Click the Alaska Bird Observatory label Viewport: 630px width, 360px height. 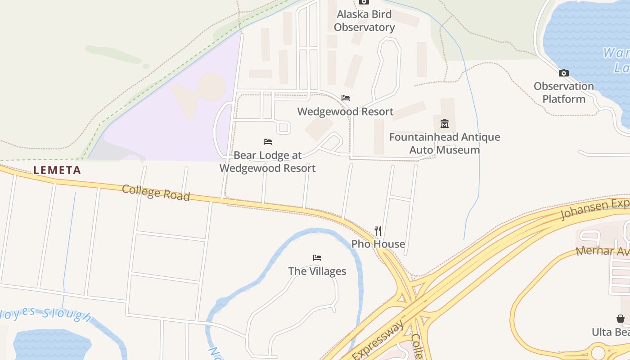pyautogui.click(x=364, y=21)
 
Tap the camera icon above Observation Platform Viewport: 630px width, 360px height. pyautogui.click(x=563, y=73)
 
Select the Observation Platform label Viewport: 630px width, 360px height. pyautogui.click(x=563, y=92)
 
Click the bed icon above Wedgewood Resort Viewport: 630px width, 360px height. pyautogui.click(x=346, y=98)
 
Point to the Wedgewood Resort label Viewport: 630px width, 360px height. pyautogui.click(x=345, y=112)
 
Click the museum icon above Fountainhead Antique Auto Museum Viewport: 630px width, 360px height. pyautogui.click(x=445, y=123)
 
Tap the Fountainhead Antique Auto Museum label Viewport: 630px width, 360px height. pyautogui.click(x=445, y=143)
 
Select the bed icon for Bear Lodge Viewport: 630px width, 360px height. pyautogui.click(x=268, y=142)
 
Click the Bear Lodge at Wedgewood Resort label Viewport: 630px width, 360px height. pyautogui.click(x=268, y=162)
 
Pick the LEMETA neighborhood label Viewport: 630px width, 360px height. pyautogui.click(x=57, y=170)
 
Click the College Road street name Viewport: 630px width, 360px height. pyautogui.click(x=156, y=193)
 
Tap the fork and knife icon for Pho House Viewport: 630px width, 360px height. pyautogui.click(x=378, y=231)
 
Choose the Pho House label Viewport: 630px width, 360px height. pyautogui.click(x=378, y=244)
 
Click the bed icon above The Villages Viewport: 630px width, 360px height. pyautogui.click(x=317, y=258)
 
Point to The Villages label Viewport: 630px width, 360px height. pyautogui.click(x=317, y=271)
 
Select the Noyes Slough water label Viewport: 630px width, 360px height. pyautogui.click(x=45, y=313)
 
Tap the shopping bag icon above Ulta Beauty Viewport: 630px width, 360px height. pyautogui.click(x=621, y=319)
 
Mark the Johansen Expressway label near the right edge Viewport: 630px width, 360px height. pyautogui.click(x=594, y=210)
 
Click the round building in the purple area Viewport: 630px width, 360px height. pyautogui.click(x=211, y=86)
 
